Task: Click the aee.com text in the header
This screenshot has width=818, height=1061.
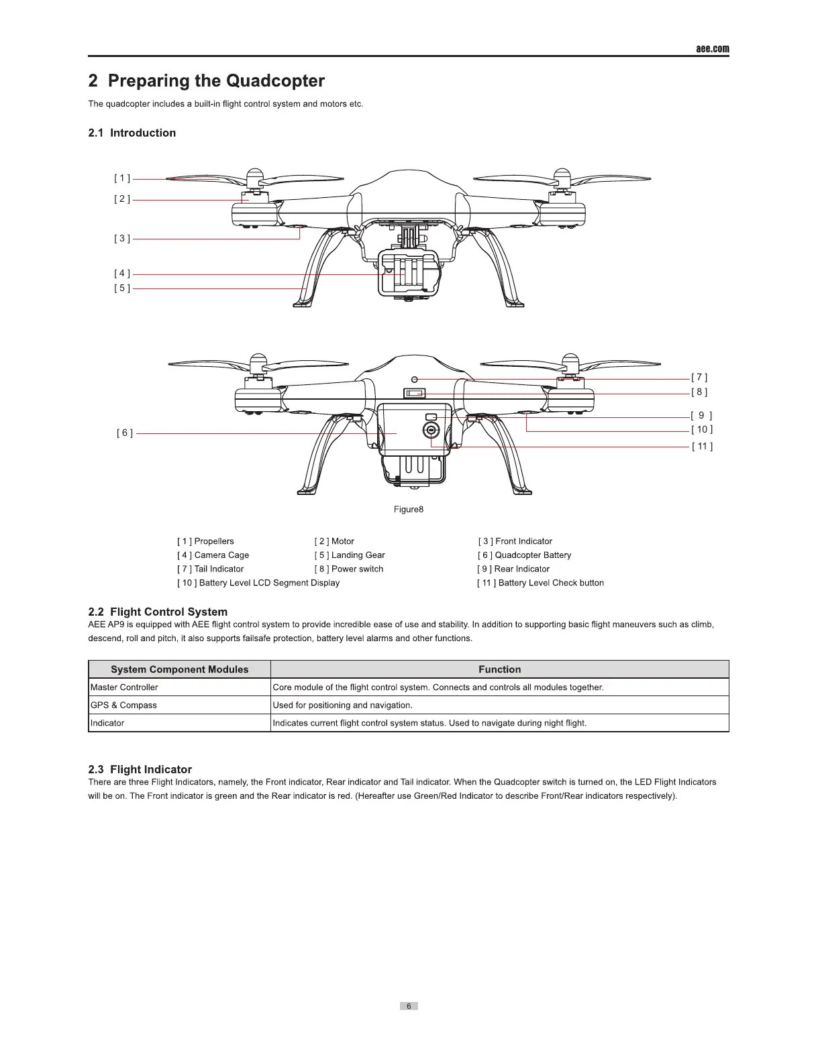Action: click(712, 49)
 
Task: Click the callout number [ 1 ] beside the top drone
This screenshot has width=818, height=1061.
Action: click(122, 178)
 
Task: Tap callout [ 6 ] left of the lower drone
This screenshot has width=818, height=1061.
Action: click(125, 433)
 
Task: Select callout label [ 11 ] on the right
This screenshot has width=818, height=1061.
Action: click(702, 446)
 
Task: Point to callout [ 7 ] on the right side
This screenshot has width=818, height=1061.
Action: click(699, 378)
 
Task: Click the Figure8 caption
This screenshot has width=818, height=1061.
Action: click(409, 509)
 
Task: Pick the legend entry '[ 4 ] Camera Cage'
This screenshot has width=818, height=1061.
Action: click(213, 555)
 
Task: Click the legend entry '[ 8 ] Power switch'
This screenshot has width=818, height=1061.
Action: click(349, 569)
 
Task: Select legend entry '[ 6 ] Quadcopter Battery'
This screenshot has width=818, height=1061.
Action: click(524, 555)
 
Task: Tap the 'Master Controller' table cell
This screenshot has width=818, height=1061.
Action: click(125, 687)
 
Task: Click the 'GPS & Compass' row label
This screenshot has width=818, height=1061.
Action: click(124, 706)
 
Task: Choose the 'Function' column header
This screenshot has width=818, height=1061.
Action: click(499, 669)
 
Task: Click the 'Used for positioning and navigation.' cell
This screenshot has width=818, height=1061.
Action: click(343, 706)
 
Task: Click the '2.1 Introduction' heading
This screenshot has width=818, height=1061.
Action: click(132, 133)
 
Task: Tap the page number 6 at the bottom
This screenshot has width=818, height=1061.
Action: click(409, 1006)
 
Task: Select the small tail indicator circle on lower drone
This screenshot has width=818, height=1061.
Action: click(415, 380)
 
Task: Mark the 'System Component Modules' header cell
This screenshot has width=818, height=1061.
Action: click(179, 669)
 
